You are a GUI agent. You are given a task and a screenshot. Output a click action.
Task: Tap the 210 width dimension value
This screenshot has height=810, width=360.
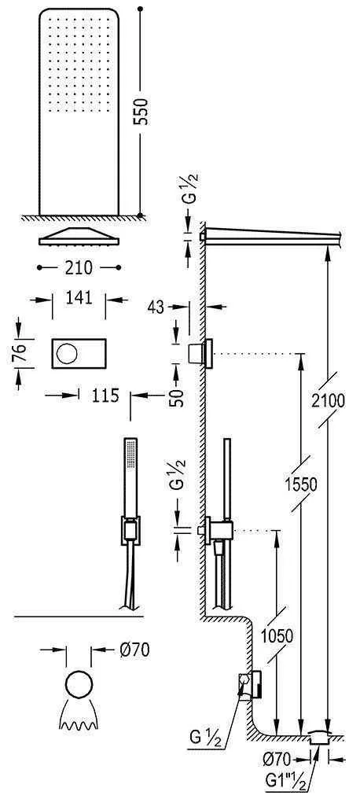[79, 268]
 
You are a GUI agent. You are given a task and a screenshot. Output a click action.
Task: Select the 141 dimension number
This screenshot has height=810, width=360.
[79, 298]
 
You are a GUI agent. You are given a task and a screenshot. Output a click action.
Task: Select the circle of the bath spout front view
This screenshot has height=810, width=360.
[79, 684]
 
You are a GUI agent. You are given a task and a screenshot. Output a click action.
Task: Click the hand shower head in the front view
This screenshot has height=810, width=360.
[130, 472]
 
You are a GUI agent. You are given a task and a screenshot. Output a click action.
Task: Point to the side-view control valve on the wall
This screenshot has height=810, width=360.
[200, 353]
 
